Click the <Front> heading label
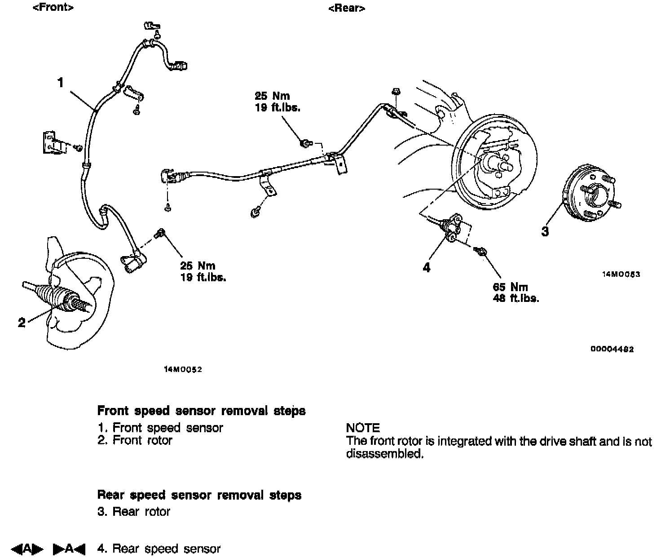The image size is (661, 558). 53,8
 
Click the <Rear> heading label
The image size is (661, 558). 346,9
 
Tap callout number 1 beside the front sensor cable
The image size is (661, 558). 61,83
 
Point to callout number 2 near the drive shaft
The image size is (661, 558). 22,322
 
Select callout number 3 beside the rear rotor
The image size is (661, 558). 545,232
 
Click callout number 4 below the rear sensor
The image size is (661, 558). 427,267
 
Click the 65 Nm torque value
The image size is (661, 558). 510,287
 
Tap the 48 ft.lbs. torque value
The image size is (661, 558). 516,298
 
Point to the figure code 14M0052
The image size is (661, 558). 183,370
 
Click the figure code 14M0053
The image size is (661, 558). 621,274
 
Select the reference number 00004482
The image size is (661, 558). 613,349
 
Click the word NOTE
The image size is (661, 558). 363,428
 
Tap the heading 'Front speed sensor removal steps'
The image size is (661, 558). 201,411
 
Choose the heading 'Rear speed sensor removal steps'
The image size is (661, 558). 199,495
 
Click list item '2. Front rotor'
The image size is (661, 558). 135,440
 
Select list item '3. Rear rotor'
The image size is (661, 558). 134,511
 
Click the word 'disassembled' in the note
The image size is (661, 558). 384,454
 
